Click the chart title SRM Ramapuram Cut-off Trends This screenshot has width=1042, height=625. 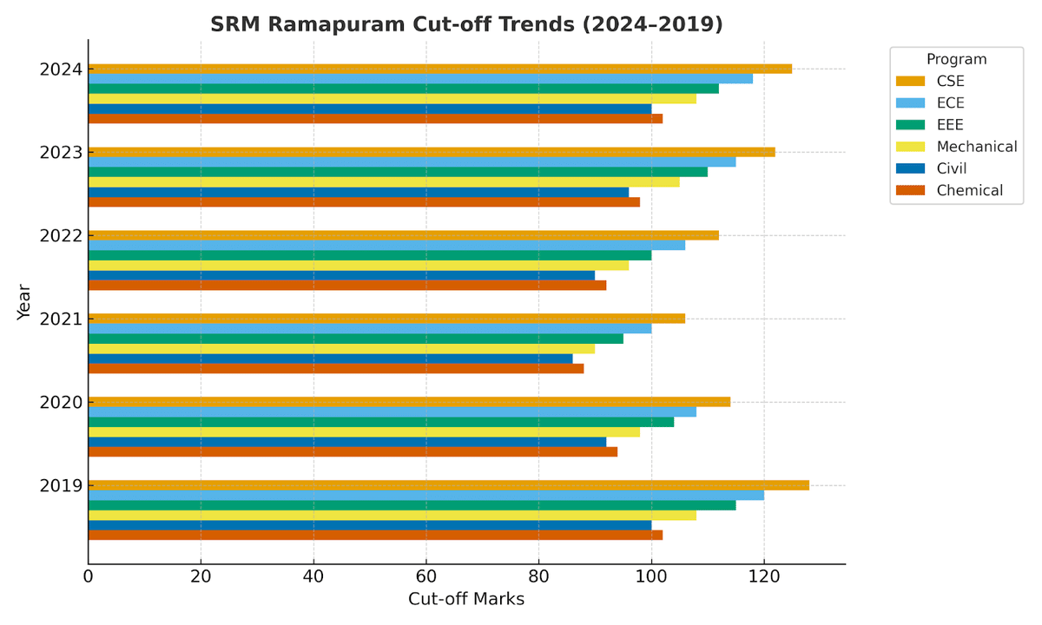(466, 25)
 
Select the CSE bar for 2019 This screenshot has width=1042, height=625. (448, 485)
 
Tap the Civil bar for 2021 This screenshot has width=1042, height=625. (330, 359)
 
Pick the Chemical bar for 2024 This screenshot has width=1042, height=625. (375, 119)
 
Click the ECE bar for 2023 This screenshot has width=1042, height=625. (412, 161)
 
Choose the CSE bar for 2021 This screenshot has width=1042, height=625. (386, 319)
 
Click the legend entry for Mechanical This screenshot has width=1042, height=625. (976, 147)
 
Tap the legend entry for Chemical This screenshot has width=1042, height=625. (969, 190)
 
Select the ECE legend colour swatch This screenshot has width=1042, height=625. (912, 103)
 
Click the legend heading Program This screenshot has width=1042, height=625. (956, 59)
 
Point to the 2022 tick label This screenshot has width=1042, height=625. (61, 235)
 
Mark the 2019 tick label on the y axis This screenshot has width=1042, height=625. (61, 485)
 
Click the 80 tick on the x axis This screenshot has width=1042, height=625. (538, 576)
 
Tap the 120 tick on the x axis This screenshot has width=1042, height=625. (763, 576)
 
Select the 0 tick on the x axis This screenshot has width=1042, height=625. (89, 576)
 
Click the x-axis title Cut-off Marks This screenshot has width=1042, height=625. (466, 599)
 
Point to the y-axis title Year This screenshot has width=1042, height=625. (24, 301)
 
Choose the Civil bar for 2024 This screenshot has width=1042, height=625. (370, 109)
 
